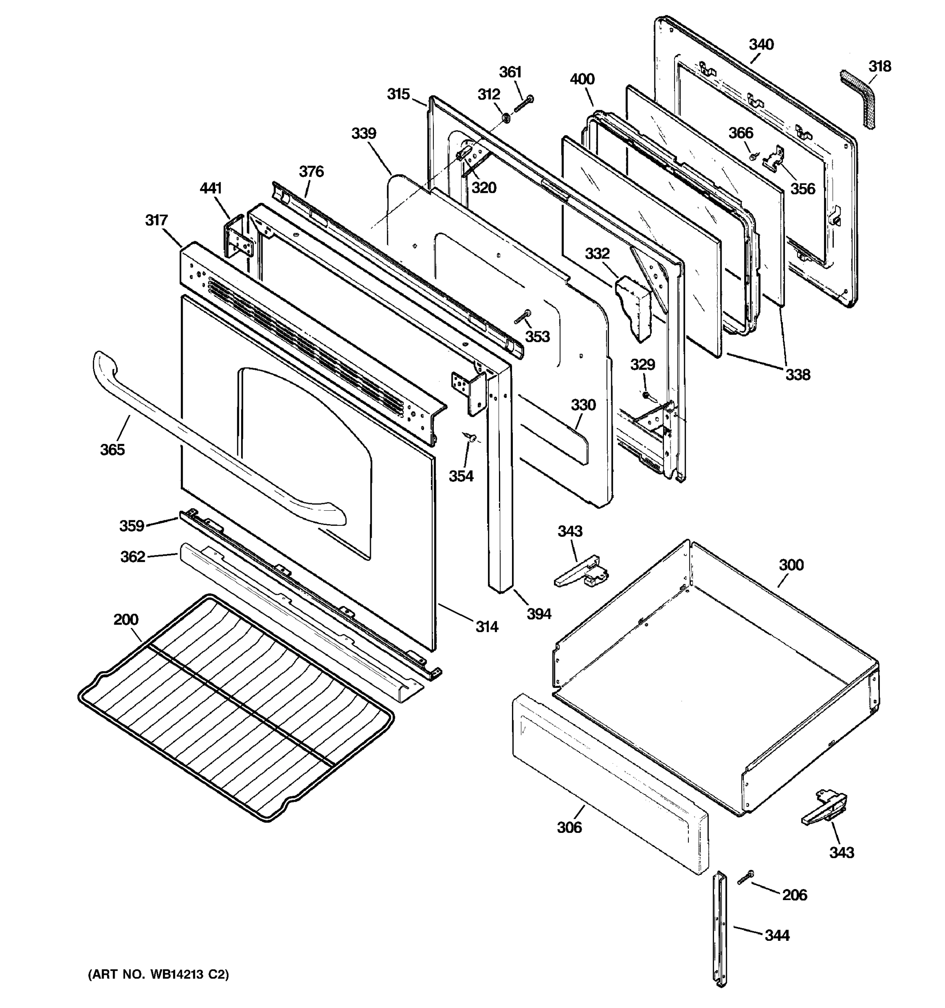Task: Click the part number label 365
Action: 112,450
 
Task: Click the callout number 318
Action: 879,66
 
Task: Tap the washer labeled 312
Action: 505,118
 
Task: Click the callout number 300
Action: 791,565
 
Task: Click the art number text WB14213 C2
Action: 158,974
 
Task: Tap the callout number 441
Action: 211,189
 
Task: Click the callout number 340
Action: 761,45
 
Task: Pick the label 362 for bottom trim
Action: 132,557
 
